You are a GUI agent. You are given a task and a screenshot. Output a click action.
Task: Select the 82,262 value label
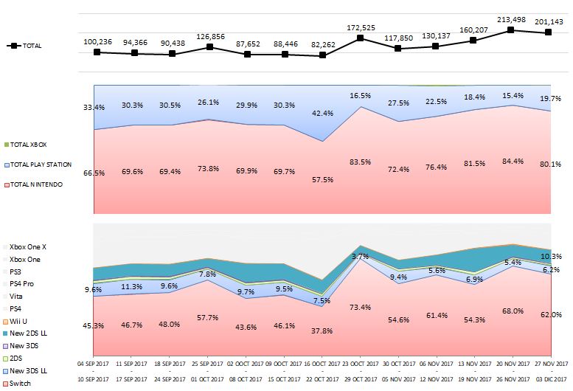[322, 44]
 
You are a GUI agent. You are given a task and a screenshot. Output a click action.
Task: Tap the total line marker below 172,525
[360, 38]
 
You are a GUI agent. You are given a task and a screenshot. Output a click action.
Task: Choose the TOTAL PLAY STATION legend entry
[38, 165]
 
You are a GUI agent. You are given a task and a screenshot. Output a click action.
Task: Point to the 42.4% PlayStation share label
[322, 114]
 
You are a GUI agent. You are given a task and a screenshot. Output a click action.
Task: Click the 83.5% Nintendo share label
[360, 162]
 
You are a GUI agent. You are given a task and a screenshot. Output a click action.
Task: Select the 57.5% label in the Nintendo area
[322, 179]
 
